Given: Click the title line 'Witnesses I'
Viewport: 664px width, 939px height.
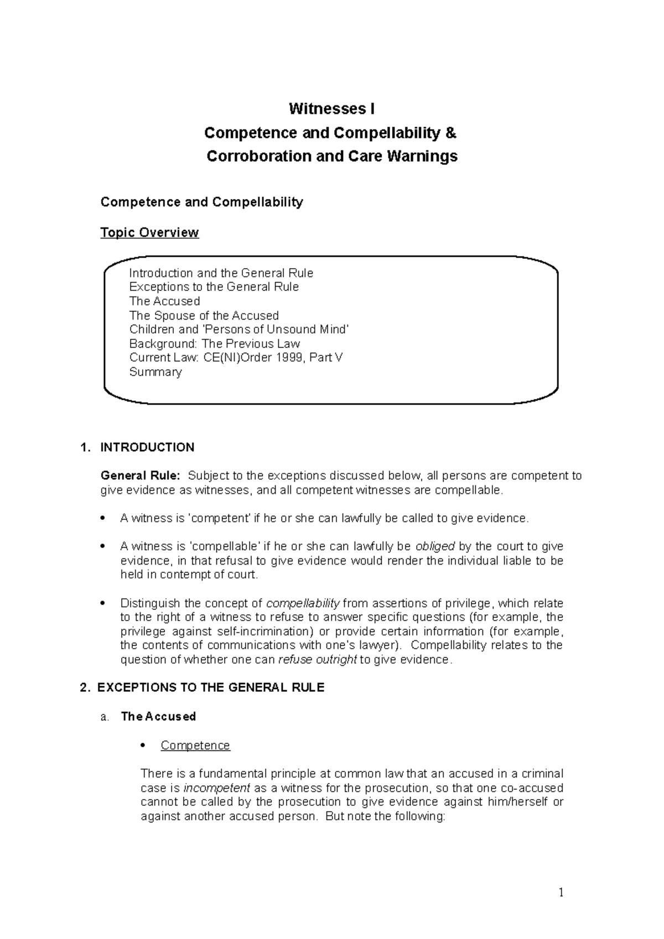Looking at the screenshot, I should pyautogui.click(x=331, y=109).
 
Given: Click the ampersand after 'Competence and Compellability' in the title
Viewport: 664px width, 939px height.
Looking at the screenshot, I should pyautogui.click(x=451, y=133).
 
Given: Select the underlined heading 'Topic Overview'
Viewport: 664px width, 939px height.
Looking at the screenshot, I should pyautogui.click(x=149, y=232).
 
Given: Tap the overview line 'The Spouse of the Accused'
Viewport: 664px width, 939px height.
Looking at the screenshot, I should pyautogui.click(x=204, y=316).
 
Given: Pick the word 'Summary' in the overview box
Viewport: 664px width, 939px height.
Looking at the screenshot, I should pyautogui.click(x=155, y=372).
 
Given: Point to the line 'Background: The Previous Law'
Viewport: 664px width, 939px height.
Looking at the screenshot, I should pyautogui.click(x=214, y=343).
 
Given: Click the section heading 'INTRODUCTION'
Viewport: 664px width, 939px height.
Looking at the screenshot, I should pyautogui.click(x=147, y=447).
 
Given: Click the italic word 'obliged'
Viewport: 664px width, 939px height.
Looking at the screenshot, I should pyautogui.click(x=434, y=546).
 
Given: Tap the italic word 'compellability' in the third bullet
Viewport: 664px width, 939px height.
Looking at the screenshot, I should pyautogui.click(x=303, y=603).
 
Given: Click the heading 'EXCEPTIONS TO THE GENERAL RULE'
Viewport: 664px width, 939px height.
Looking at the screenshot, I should pyautogui.click(x=211, y=688).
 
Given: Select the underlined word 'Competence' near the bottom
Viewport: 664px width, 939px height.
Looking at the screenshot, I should pyautogui.click(x=195, y=745).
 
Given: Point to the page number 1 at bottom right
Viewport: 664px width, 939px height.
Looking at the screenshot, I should pyautogui.click(x=561, y=893).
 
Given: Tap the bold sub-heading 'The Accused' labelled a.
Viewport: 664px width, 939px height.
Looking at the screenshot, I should pyautogui.click(x=158, y=717).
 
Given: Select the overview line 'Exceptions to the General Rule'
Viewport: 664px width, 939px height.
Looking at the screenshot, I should pyautogui.click(x=214, y=287).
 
